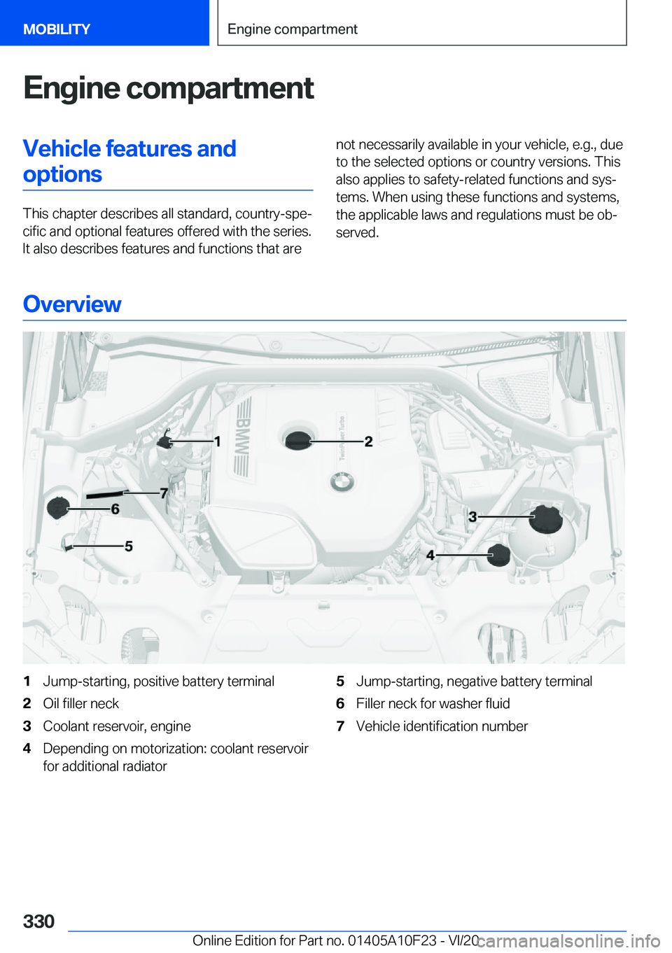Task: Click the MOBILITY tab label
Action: (57, 29)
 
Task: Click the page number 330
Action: (38, 921)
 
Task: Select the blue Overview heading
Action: (72, 304)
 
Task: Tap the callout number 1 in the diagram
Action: (218, 441)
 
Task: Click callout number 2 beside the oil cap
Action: (369, 442)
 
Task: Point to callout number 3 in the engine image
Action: (472, 516)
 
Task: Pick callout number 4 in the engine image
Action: (430, 555)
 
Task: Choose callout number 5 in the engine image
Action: (129, 546)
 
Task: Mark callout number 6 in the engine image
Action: (115, 509)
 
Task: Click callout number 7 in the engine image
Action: (164, 493)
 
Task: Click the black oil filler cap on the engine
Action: (298, 440)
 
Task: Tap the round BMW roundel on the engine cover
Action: (342, 481)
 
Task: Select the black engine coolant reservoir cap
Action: (546, 518)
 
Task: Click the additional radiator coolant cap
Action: (499, 554)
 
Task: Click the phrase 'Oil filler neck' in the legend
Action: (81, 704)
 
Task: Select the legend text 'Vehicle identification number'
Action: (442, 726)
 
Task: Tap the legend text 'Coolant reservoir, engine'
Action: (117, 726)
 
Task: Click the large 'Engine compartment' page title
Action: (169, 88)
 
